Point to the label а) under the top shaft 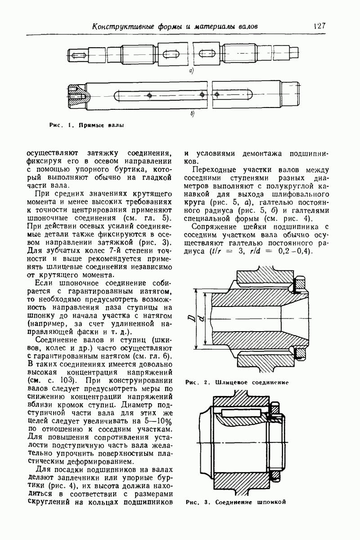click(191, 71)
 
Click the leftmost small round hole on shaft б click(152, 95)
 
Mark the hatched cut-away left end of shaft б click(79, 95)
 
